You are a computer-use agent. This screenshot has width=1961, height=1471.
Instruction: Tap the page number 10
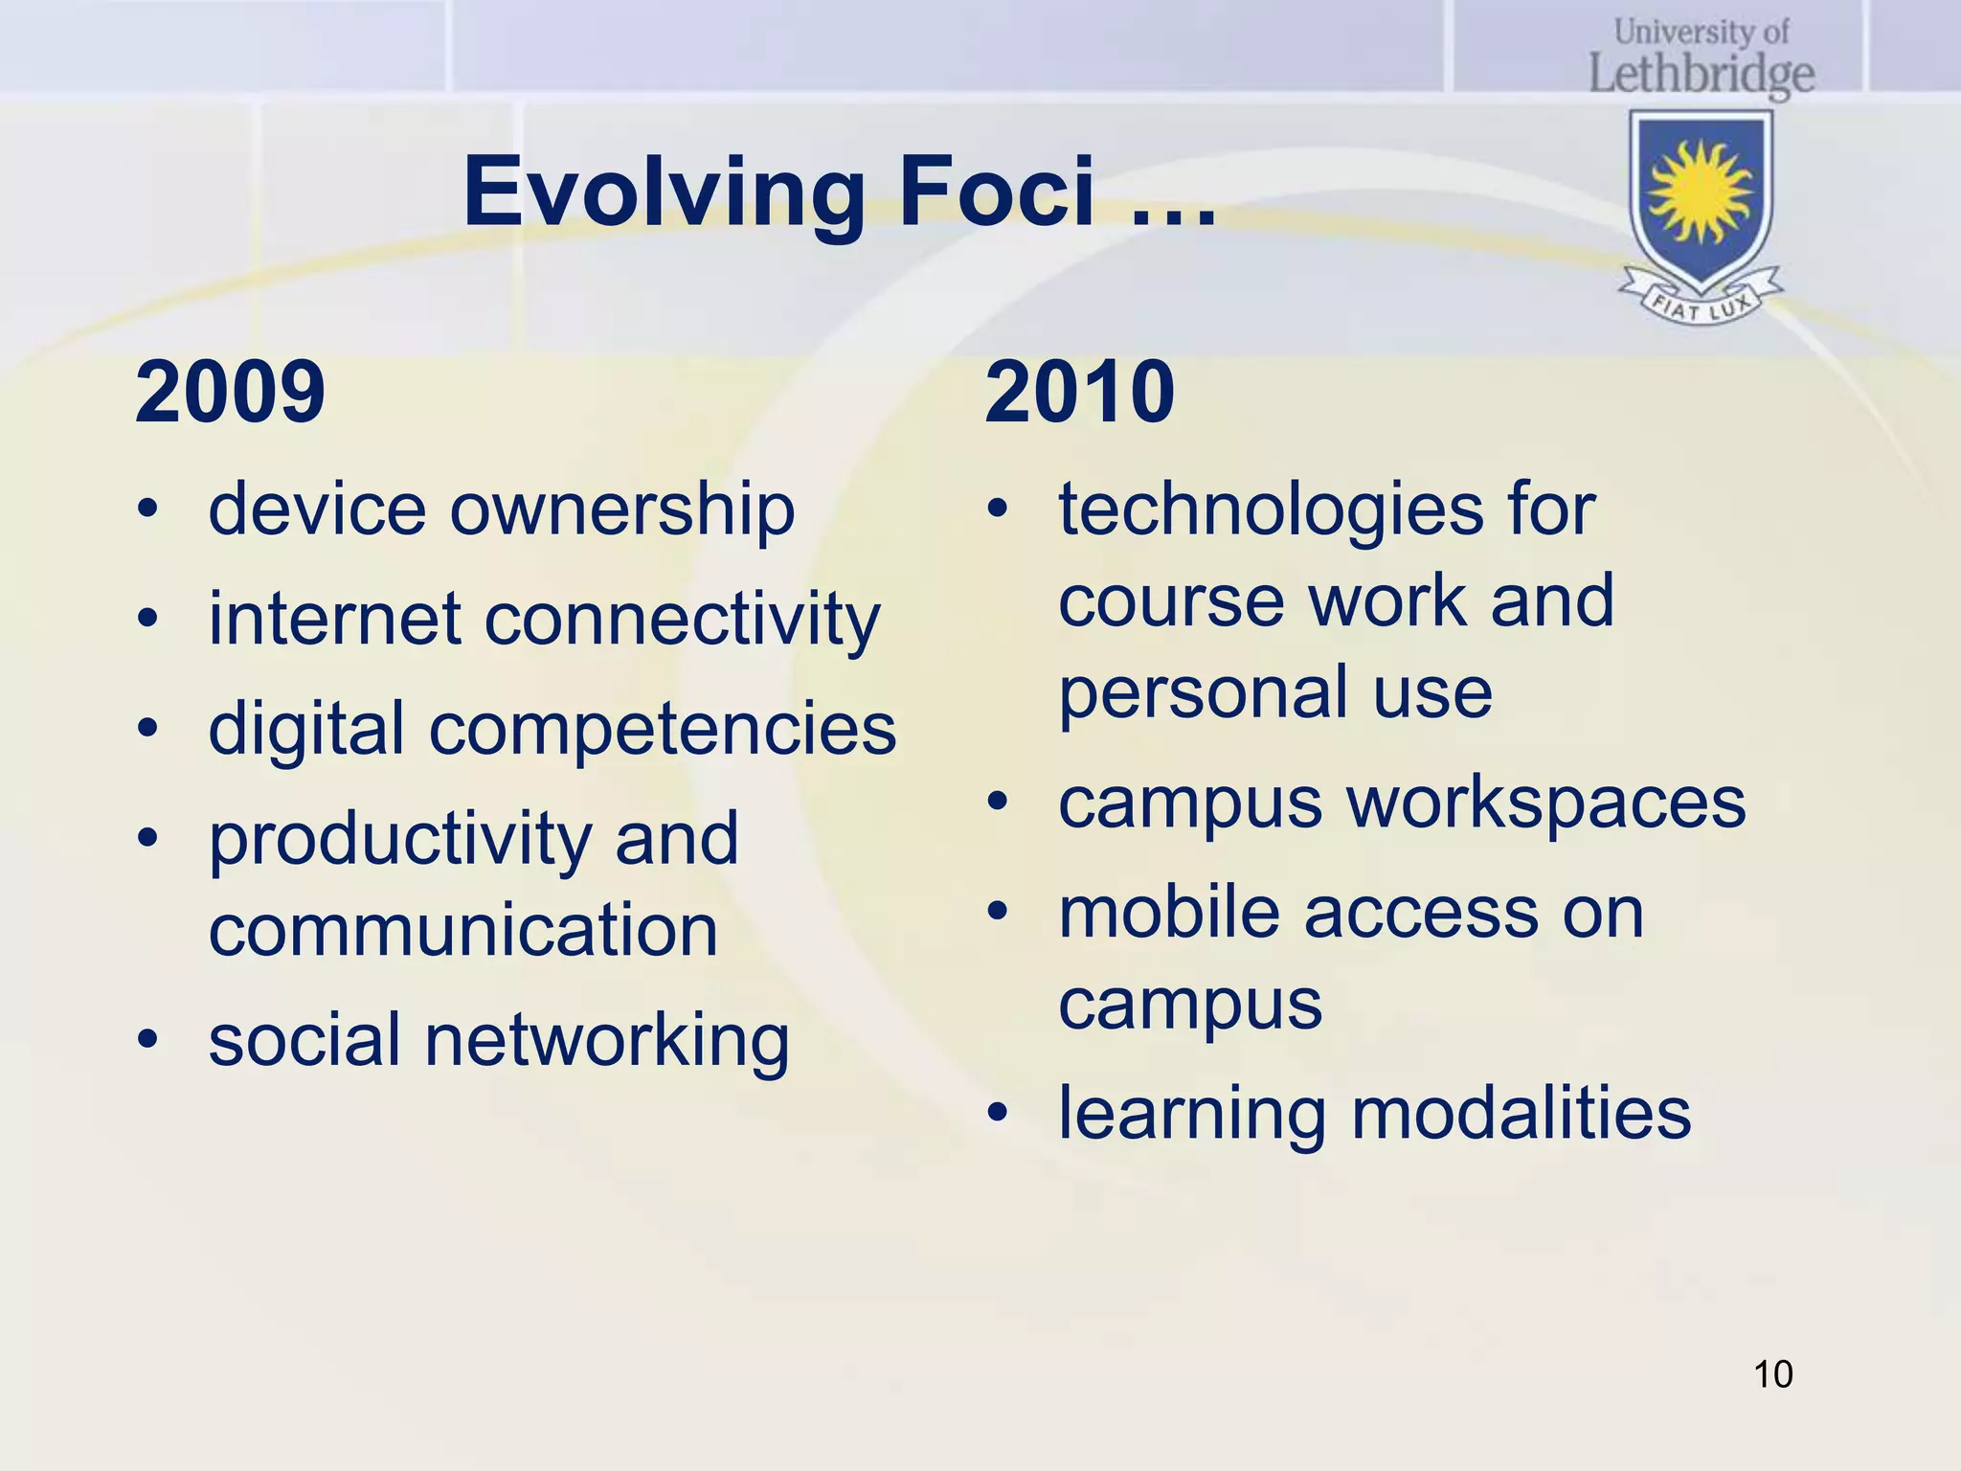point(1772,1374)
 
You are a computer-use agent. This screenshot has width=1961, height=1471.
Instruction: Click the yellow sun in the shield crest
point(1701,192)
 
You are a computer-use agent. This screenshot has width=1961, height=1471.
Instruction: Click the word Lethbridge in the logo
point(1702,75)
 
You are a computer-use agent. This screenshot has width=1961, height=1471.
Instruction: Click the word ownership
point(622,510)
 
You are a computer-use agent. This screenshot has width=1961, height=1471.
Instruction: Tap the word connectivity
point(682,620)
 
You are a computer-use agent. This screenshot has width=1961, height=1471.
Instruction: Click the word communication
point(463,930)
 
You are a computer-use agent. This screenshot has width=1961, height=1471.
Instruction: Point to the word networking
point(607,1041)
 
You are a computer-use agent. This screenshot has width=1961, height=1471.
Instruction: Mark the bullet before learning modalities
point(998,1113)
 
